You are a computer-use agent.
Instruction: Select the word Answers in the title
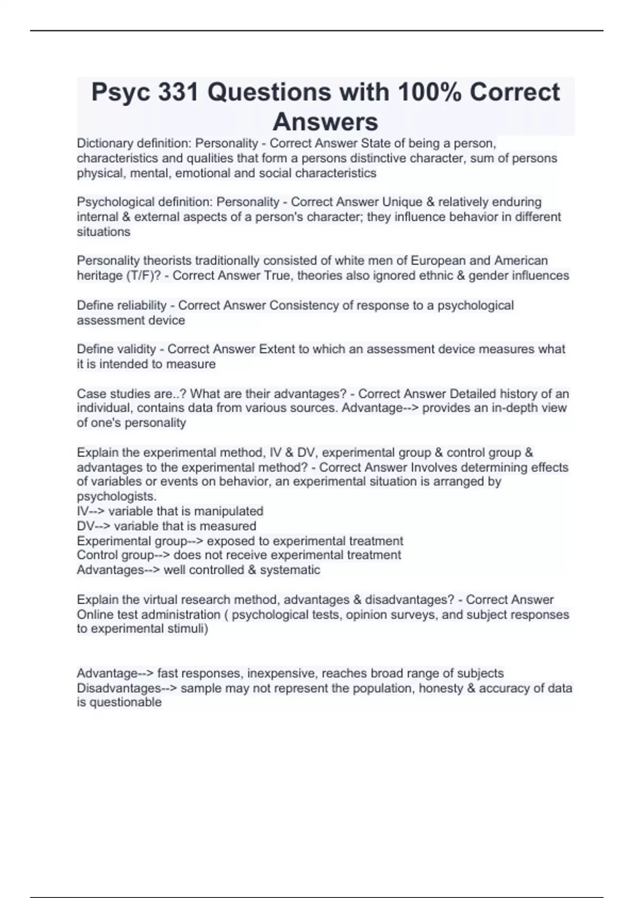click(325, 121)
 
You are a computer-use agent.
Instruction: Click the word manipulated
click(228, 511)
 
